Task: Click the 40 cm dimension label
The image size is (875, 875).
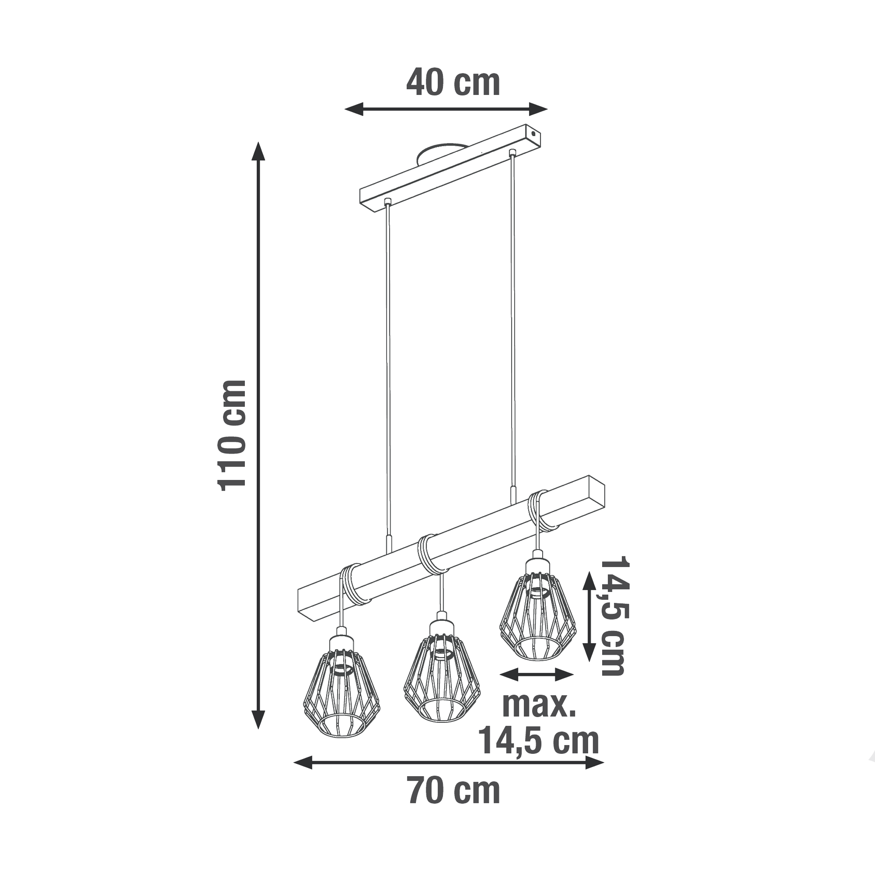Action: (x=453, y=84)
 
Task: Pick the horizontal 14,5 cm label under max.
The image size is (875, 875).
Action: (x=539, y=741)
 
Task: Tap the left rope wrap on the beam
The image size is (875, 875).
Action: (x=355, y=585)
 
